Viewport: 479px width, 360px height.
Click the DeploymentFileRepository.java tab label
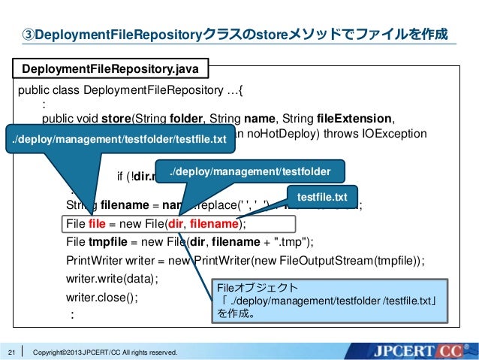click(110, 70)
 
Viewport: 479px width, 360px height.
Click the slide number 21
click(11, 351)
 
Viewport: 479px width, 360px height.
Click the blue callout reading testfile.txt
click(321, 196)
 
